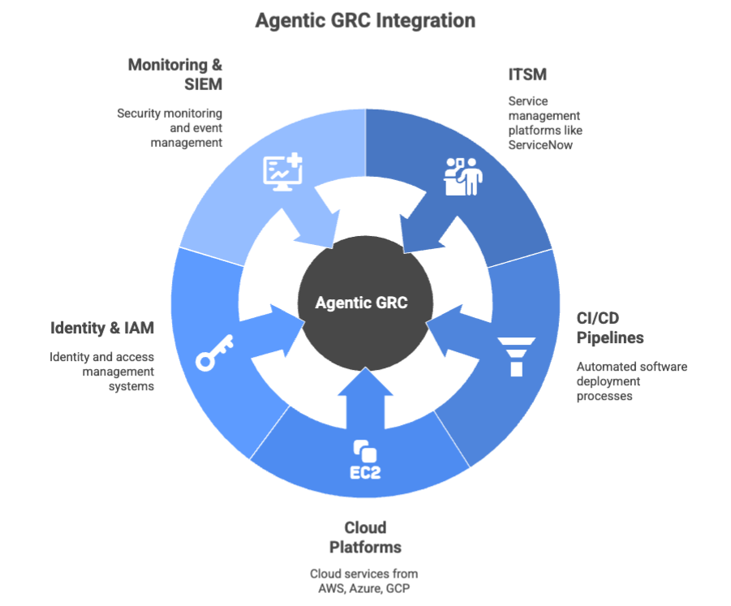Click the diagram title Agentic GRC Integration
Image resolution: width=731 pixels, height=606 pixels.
[x=365, y=20]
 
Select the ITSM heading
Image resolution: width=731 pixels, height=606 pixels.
[x=527, y=75]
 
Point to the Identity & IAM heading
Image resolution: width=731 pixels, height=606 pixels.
[x=102, y=329]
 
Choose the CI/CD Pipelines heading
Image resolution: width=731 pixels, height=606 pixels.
[x=609, y=326]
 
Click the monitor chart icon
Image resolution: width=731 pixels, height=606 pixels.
[x=282, y=173]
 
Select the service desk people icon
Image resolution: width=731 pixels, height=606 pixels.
[x=463, y=176]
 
